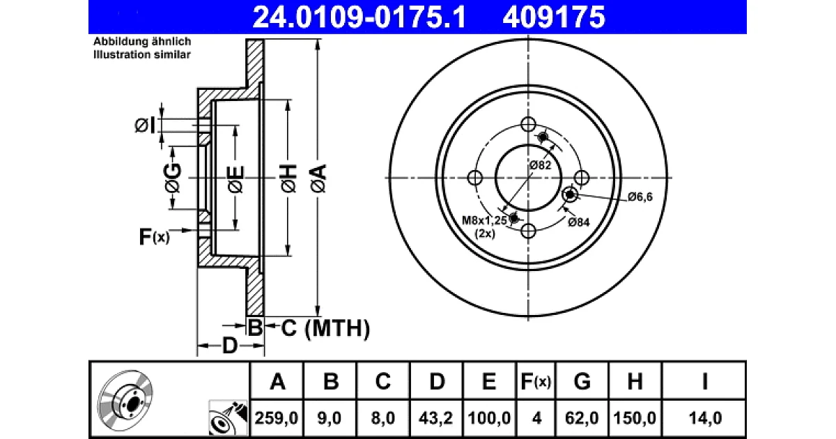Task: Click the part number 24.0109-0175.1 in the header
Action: click(359, 17)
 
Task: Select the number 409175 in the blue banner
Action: click(554, 17)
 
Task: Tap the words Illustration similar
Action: click(142, 54)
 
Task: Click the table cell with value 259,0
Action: click(276, 417)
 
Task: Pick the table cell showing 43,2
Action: click(435, 417)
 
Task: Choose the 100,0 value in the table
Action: click(489, 417)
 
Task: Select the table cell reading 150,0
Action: click(635, 417)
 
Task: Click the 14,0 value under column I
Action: click(705, 417)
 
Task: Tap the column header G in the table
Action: click(582, 382)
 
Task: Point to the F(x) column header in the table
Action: click(536, 382)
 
